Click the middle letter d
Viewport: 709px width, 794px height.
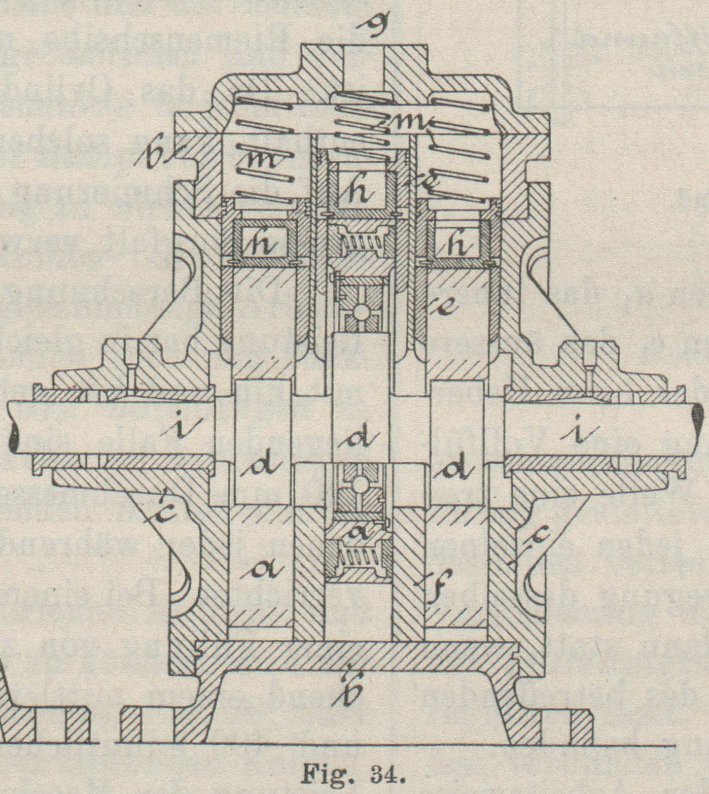(x=361, y=435)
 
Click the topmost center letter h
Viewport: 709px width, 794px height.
(x=361, y=192)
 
